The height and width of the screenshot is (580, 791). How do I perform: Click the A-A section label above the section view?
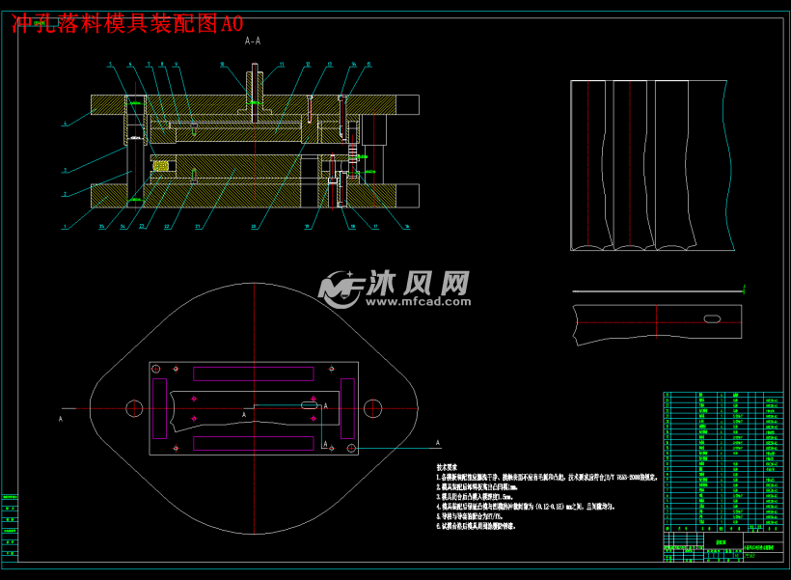click(253, 41)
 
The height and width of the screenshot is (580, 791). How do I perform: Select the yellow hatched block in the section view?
click(160, 166)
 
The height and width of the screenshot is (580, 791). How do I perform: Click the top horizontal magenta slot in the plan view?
click(254, 373)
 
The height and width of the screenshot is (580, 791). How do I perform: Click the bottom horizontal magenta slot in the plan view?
click(254, 443)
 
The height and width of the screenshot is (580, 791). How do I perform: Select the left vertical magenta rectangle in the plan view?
click(160, 408)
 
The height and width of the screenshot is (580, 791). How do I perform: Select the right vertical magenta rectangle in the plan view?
click(347, 408)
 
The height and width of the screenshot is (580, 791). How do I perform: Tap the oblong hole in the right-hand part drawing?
click(713, 318)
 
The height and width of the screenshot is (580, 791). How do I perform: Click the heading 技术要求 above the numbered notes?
click(449, 466)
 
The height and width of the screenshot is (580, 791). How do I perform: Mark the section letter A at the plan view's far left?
click(61, 420)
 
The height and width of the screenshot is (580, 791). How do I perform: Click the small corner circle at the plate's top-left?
click(156, 369)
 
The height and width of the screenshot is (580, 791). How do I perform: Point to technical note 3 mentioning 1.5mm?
click(482, 496)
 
